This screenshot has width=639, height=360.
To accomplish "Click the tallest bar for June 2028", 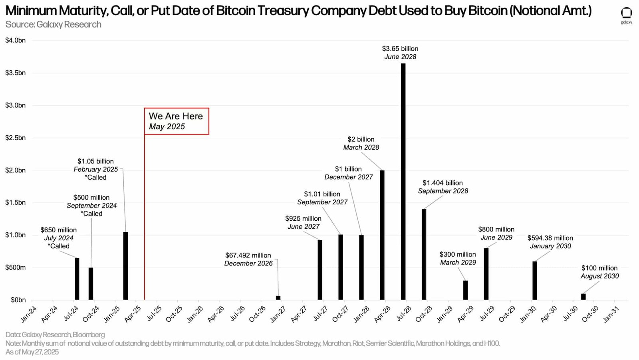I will [x=403, y=182].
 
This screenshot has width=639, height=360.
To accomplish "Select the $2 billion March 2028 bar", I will [x=382, y=235].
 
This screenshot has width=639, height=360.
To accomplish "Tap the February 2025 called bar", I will [x=125, y=266].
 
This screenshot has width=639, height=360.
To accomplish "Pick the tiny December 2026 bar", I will [x=278, y=298].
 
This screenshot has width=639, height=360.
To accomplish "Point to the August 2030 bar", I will [x=583, y=297].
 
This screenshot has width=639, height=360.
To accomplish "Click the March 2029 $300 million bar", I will [x=465, y=290].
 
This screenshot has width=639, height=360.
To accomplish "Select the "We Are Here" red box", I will [x=176, y=121].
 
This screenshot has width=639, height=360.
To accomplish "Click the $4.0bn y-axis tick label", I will [x=16, y=40].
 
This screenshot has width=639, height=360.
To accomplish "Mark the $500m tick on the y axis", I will [x=16, y=267].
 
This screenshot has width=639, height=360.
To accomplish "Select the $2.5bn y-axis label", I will [x=16, y=138].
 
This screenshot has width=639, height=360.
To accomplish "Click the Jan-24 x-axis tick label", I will [x=28, y=314].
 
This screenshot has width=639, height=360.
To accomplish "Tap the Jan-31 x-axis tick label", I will [x=611, y=314].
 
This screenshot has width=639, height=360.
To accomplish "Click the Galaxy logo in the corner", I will [x=626, y=15].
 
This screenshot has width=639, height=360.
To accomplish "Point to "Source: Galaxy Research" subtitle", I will [x=54, y=24].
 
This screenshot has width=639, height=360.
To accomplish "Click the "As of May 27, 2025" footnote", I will [x=32, y=352].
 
